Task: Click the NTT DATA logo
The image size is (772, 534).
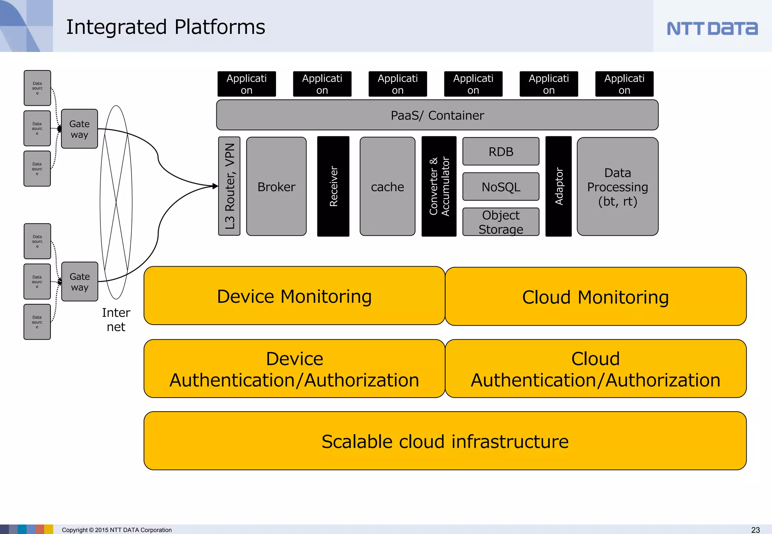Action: (x=712, y=28)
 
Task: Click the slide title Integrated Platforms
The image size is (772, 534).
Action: (x=165, y=27)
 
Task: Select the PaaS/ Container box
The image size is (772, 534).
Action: (x=437, y=115)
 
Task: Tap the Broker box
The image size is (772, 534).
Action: (x=276, y=186)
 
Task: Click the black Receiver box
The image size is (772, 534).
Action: (x=333, y=186)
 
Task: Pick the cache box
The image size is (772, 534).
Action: (x=387, y=186)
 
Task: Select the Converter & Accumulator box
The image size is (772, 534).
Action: (x=439, y=186)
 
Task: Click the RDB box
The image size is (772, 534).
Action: (x=501, y=151)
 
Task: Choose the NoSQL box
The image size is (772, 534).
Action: (x=501, y=187)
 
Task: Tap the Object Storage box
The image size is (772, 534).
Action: (x=501, y=222)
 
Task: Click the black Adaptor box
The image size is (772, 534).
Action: (x=558, y=186)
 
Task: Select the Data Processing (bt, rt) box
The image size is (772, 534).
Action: (x=617, y=187)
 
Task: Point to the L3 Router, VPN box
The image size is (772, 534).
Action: (x=229, y=186)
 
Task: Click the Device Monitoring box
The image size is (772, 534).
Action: (x=294, y=296)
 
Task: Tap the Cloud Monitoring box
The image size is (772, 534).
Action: (x=595, y=297)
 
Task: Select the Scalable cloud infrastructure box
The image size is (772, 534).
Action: (x=445, y=441)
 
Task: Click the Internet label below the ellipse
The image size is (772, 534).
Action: (x=116, y=320)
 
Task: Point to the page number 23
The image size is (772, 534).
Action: (x=755, y=530)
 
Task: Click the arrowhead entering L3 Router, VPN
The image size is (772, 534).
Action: (x=215, y=186)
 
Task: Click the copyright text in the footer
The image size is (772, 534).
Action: (x=116, y=530)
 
